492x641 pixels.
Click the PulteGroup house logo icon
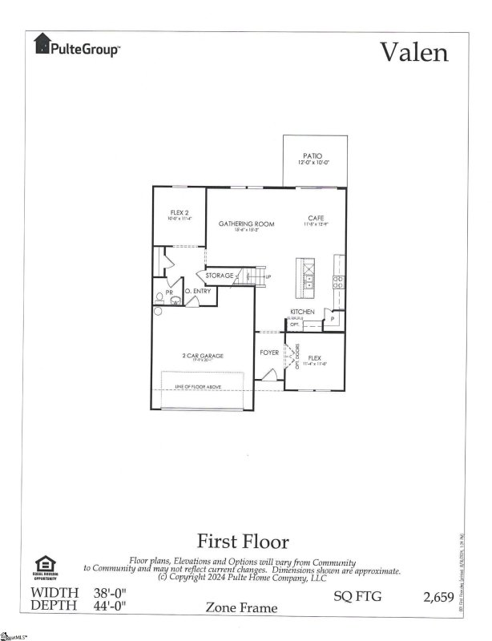click(x=42, y=46)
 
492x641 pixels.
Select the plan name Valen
click(x=413, y=52)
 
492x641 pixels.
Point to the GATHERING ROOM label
click(x=246, y=224)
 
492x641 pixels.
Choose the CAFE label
click(x=314, y=217)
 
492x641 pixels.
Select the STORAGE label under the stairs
click(x=219, y=276)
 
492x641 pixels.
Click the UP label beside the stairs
click(x=268, y=277)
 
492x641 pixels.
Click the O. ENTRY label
click(x=198, y=291)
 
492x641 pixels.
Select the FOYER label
click(x=268, y=353)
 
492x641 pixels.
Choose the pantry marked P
click(x=332, y=318)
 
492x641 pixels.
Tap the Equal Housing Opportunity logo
click(x=42, y=567)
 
